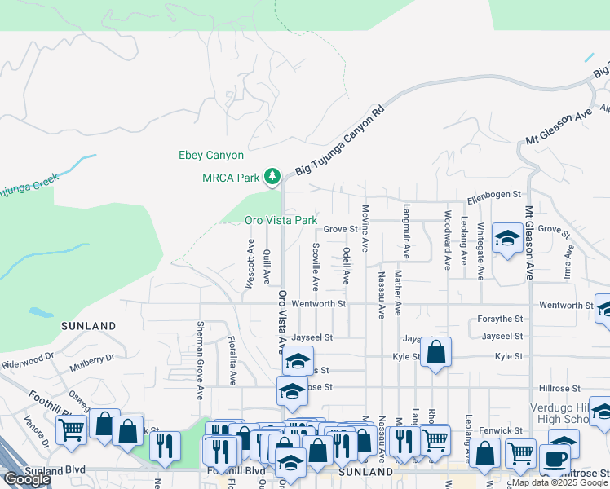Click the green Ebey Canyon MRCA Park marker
272,177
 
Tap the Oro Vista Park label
281,221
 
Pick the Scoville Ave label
316,267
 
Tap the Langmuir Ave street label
404,224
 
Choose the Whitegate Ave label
481,251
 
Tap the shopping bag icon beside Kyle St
436,353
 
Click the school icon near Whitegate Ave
507,239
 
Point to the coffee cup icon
555,458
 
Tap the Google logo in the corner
27,479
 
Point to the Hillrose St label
559,389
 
